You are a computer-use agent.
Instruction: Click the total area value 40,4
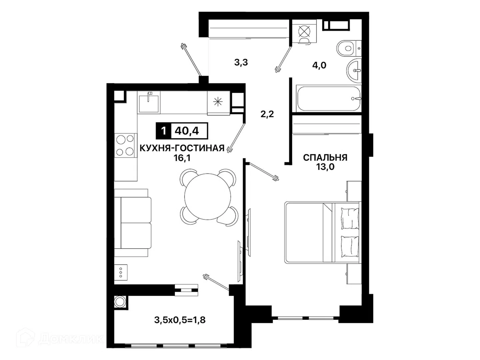pos(187,131)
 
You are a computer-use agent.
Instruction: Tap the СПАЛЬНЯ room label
pos(325,157)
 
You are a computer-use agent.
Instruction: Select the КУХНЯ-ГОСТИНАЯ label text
pos(182,148)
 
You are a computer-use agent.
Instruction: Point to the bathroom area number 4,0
pos(319,65)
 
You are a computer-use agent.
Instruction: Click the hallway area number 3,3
pos(241,63)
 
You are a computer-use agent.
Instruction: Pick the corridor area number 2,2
pos(267,114)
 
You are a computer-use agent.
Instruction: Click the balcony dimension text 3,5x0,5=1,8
pos(180,320)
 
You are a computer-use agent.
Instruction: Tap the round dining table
pos(208,197)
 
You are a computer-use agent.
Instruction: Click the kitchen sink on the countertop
pos(149,102)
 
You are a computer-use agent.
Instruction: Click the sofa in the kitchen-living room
pos(133,223)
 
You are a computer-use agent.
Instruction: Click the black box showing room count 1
pos(163,131)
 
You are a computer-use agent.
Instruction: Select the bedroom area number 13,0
pos(325,167)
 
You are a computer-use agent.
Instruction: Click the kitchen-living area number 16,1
pos(182,158)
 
